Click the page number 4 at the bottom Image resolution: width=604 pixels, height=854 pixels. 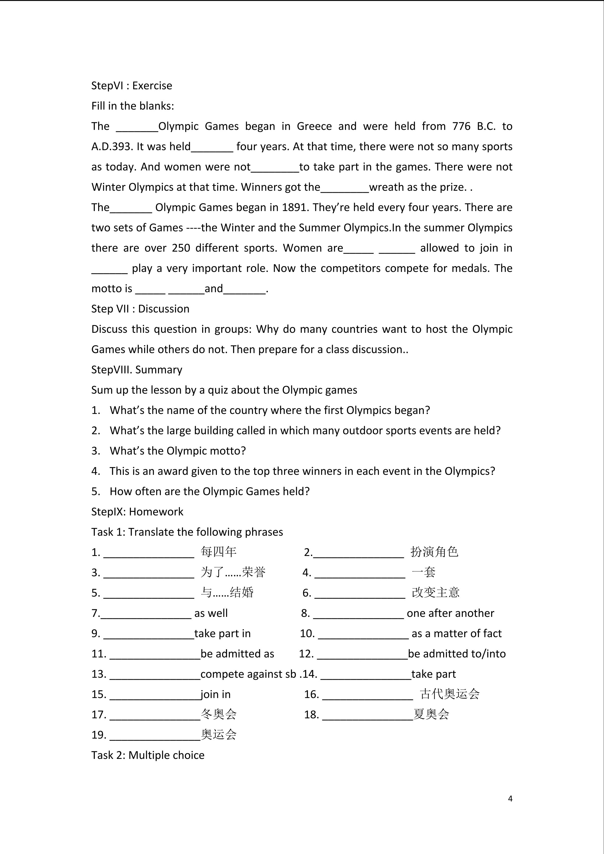[510, 798]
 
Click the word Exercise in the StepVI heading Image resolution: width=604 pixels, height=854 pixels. [152, 86]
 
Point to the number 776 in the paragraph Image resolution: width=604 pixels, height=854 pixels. [461, 127]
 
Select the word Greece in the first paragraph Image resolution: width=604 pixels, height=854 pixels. [314, 127]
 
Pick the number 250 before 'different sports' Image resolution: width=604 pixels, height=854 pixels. [181, 248]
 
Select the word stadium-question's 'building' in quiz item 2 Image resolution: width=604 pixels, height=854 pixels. [215, 431]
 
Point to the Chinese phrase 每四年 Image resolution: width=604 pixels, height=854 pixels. [218, 552]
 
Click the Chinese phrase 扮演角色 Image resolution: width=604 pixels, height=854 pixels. [434, 552]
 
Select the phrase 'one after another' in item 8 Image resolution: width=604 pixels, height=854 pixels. [450, 613]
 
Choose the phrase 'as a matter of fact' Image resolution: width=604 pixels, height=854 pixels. [456, 633]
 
